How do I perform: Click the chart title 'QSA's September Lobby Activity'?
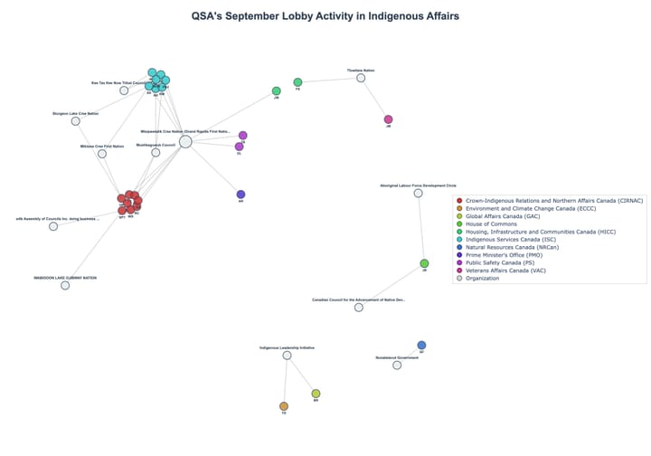click(325, 15)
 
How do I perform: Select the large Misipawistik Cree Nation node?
click(185, 141)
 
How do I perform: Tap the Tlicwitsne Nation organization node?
click(361, 78)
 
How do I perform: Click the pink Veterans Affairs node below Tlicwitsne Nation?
click(389, 119)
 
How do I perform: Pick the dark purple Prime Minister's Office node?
click(241, 195)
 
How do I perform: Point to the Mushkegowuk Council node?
click(156, 152)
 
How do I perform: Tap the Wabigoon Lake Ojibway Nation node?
click(65, 286)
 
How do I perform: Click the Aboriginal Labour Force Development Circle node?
click(418, 193)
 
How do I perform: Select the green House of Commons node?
click(424, 263)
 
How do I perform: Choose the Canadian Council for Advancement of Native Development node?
click(359, 308)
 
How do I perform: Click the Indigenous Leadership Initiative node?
click(287, 356)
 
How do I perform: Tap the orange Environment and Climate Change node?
click(284, 406)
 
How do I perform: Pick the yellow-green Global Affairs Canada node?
click(316, 394)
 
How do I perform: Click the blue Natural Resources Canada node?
click(421, 345)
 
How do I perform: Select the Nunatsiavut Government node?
click(397, 365)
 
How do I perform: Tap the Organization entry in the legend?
click(487, 278)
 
